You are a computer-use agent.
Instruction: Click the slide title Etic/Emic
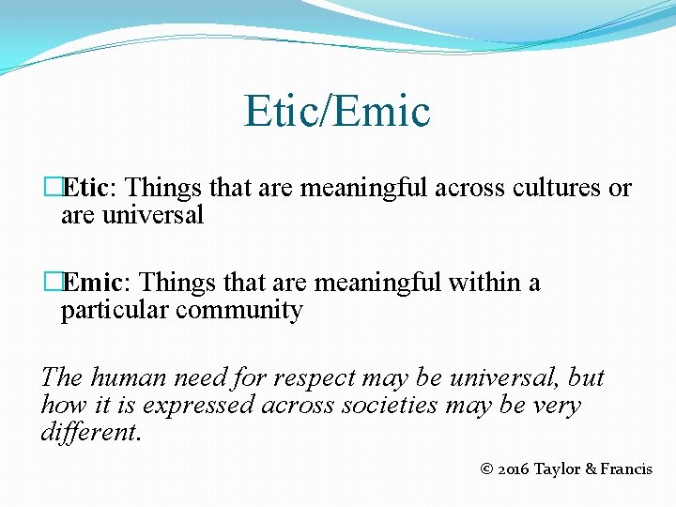click(337, 111)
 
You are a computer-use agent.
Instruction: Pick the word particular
click(115, 311)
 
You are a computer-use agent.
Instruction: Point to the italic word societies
click(383, 406)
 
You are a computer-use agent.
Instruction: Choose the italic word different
click(89, 433)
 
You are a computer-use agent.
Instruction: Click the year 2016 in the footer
click(513, 469)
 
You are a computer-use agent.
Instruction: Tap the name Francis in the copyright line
click(626, 469)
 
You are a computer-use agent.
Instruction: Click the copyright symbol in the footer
click(485, 469)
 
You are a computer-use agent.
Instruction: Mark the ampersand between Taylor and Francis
click(591, 469)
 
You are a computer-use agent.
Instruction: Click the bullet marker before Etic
click(53, 188)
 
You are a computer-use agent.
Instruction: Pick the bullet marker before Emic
click(53, 283)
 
